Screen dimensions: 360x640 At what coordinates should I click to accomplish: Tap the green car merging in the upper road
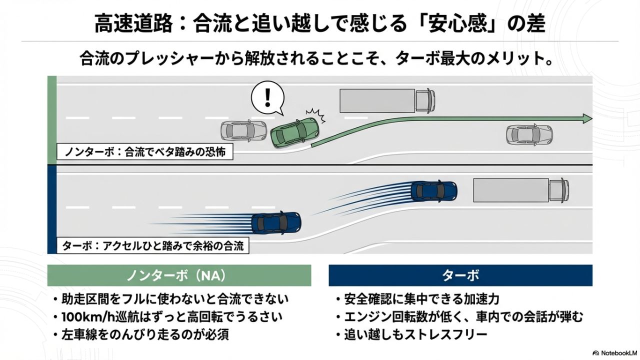click(294, 132)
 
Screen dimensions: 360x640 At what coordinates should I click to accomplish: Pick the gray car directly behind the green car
click(243, 131)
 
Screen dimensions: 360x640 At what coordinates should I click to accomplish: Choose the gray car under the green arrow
click(529, 134)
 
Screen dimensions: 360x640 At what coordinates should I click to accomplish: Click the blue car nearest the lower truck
click(433, 190)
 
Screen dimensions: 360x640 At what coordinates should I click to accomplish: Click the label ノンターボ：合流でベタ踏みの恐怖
click(144, 152)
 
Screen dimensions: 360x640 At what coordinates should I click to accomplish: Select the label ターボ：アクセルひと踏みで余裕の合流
click(153, 246)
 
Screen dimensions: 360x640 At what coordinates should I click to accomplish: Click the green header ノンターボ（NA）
click(179, 275)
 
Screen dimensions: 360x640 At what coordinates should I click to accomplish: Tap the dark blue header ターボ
click(460, 275)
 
